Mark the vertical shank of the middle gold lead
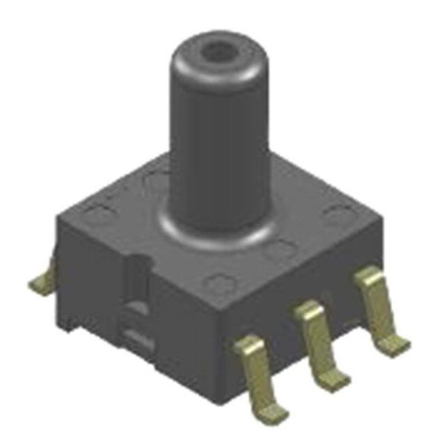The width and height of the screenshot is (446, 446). click(321, 346)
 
